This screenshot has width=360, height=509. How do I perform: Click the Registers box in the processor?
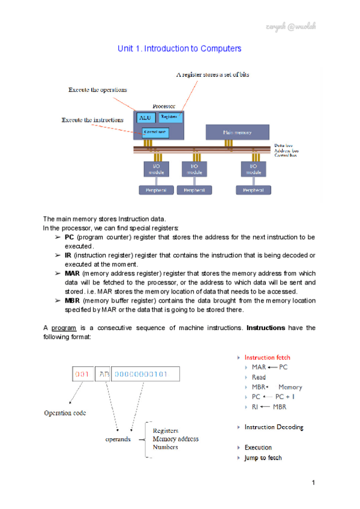(x=170, y=116)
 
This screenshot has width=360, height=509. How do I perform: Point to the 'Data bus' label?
(x=283, y=146)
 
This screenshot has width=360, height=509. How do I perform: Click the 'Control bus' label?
(x=286, y=155)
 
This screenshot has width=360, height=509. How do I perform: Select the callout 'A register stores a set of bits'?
(x=212, y=74)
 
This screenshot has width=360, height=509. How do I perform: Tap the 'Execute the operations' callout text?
(x=97, y=89)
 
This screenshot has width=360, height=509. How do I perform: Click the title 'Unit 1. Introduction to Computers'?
(x=179, y=47)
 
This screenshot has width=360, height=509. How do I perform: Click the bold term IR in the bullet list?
(x=67, y=255)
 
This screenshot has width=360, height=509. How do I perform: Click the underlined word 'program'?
(x=63, y=328)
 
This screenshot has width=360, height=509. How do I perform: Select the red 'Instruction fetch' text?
(x=267, y=357)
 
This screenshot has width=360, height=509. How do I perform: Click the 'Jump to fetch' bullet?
(x=263, y=458)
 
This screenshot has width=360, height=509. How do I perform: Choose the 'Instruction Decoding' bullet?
(x=274, y=427)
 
